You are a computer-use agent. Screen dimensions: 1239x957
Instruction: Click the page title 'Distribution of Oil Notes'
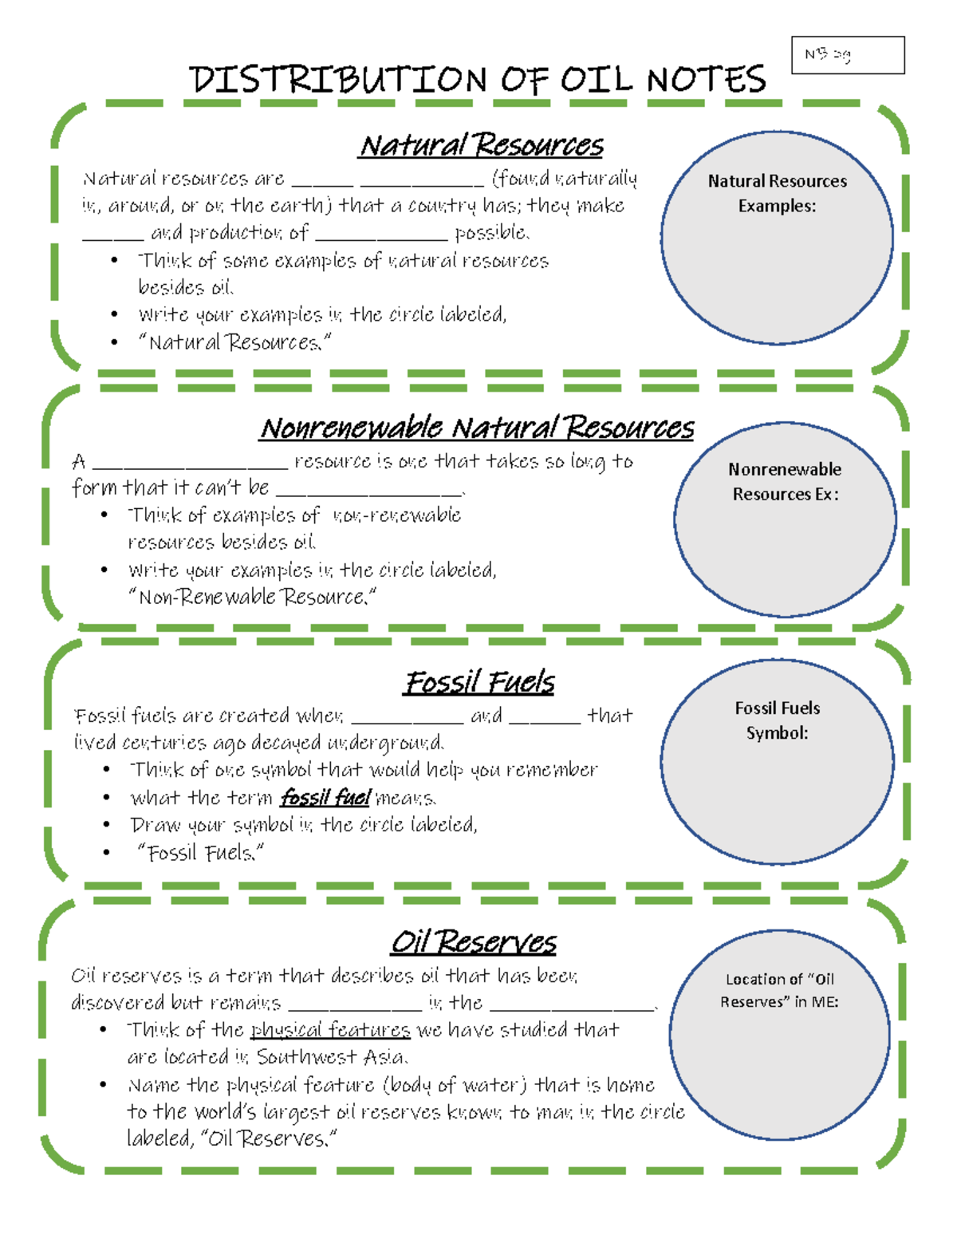pyautogui.click(x=477, y=80)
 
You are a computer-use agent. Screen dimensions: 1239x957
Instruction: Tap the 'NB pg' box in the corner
pyautogui.click(x=847, y=55)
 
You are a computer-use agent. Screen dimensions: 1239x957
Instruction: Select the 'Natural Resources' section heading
pyautogui.click(x=481, y=146)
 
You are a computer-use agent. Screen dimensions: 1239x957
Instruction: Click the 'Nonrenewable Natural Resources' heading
pyautogui.click(x=477, y=428)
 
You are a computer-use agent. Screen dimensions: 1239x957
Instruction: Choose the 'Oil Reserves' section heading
pyautogui.click(x=474, y=942)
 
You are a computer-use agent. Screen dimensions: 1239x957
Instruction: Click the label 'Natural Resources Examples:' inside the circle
pyautogui.click(x=777, y=193)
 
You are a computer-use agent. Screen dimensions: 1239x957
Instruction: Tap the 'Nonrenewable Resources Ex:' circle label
pyautogui.click(x=785, y=482)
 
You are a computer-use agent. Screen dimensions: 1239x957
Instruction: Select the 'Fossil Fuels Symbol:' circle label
pyautogui.click(x=777, y=720)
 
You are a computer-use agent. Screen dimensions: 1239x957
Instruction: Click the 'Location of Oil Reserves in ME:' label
pyautogui.click(x=779, y=990)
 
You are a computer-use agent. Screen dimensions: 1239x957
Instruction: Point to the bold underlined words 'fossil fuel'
pyautogui.click(x=325, y=797)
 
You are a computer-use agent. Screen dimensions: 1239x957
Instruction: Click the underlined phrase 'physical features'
pyautogui.click(x=330, y=1030)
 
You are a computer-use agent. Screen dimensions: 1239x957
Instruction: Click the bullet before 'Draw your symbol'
pyautogui.click(x=106, y=825)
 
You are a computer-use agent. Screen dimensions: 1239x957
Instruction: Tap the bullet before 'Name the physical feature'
pyautogui.click(x=104, y=1085)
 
